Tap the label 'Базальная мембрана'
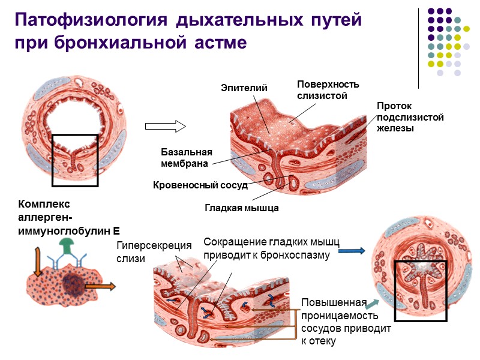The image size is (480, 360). pyautogui.click(x=187, y=157)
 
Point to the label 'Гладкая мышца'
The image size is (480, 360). pyautogui.click(x=242, y=208)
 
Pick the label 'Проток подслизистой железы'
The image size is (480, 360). pyautogui.click(x=410, y=117)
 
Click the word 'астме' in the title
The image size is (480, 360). pyautogui.click(x=221, y=43)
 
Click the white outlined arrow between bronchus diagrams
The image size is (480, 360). pyautogui.click(x=166, y=126)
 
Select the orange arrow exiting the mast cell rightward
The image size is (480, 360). pyautogui.click(x=100, y=287)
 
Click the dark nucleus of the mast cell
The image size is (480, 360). pyautogui.click(x=75, y=283)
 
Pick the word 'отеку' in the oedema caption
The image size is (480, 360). pyautogui.click(x=318, y=341)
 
